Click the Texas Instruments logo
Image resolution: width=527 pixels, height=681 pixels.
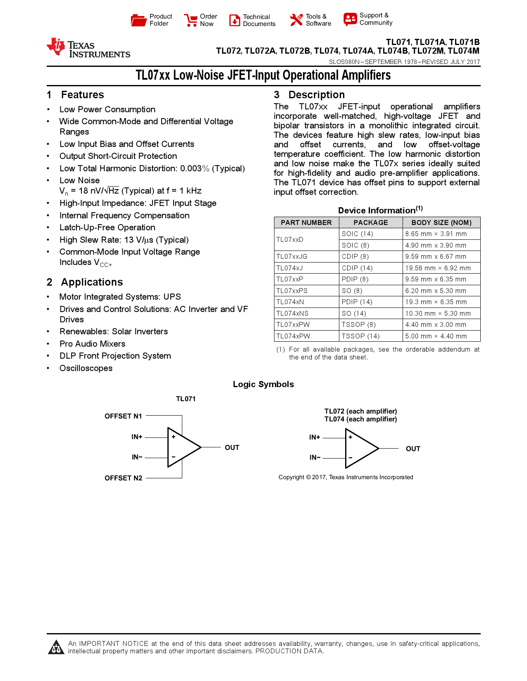(x=88, y=48)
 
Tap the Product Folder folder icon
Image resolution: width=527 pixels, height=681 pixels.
(x=138, y=20)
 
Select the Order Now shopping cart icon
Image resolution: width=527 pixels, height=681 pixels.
(x=191, y=20)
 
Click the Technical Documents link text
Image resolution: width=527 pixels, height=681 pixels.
(x=259, y=20)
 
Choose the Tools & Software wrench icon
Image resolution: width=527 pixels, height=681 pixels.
(x=296, y=20)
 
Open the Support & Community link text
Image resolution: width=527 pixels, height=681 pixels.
(x=375, y=19)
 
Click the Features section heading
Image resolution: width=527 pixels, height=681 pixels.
(x=82, y=95)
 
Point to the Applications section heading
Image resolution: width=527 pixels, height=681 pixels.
(x=92, y=282)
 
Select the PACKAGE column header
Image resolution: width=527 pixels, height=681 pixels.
(x=370, y=222)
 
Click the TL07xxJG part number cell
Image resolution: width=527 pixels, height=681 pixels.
(x=292, y=256)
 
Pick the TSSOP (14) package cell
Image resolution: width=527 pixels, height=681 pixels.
(x=360, y=336)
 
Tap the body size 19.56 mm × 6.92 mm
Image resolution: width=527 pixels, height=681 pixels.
(x=438, y=268)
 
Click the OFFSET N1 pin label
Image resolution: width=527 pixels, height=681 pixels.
(x=123, y=416)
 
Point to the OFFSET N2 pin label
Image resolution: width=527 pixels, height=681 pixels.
(x=123, y=478)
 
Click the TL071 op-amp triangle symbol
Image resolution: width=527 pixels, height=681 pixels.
(x=182, y=447)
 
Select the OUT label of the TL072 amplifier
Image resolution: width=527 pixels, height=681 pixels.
(x=413, y=449)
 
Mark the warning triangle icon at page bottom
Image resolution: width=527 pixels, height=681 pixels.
(x=56, y=647)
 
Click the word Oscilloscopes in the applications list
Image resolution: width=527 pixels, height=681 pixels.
(x=86, y=368)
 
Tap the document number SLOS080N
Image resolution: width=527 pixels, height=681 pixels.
(x=344, y=62)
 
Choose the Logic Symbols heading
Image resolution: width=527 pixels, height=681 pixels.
(x=263, y=384)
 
